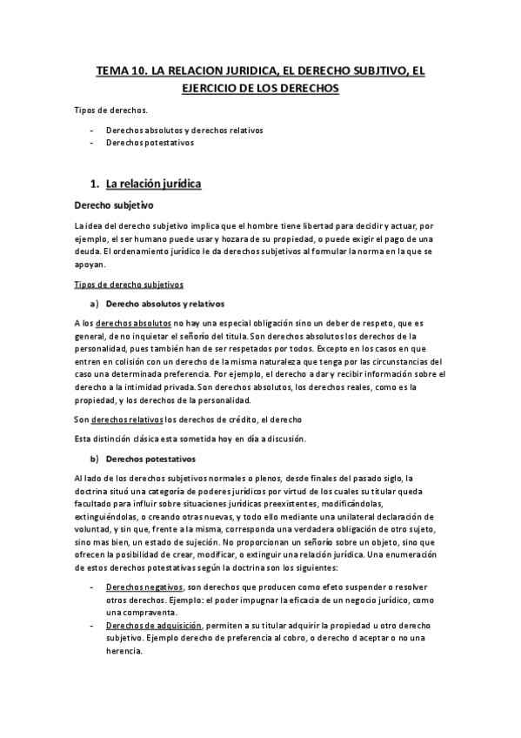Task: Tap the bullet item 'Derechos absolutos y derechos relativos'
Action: tap(184, 130)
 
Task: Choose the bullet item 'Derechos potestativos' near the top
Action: tap(150, 142)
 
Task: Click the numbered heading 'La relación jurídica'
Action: tap(153, 184)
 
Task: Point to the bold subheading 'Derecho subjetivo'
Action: tap(114, 206)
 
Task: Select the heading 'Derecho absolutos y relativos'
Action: tap(164, 304)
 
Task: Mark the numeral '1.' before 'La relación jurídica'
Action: tap(96, 184)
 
